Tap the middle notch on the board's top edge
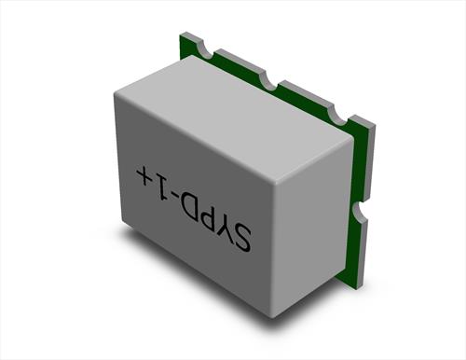point(269,79)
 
